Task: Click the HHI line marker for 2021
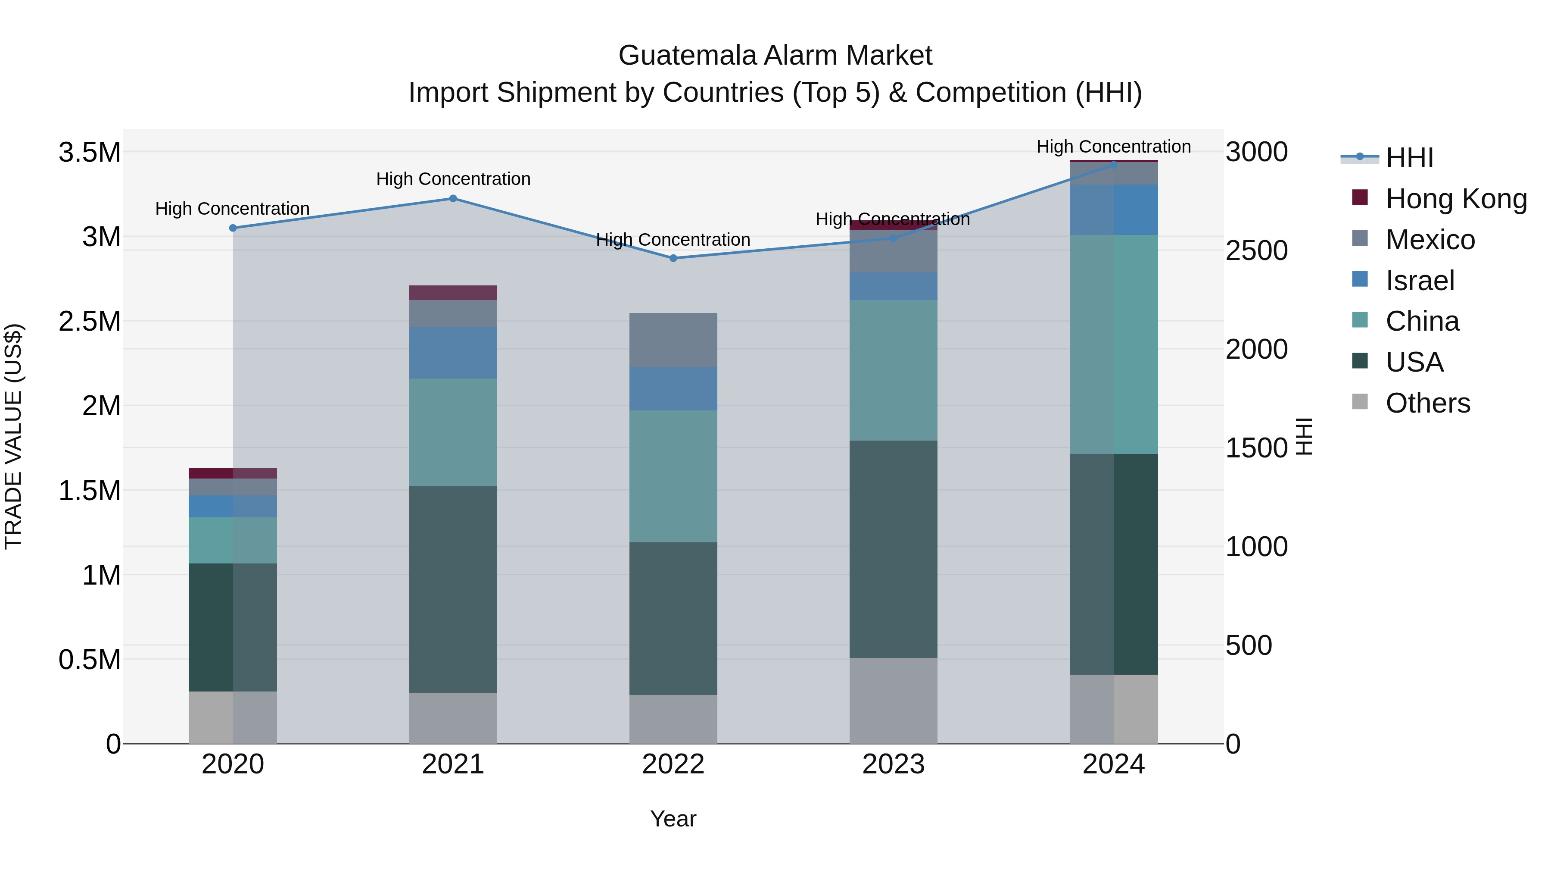pyautogui.click(x=453, y=198)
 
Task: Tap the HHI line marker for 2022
pyautogui.click(x=673, y=258)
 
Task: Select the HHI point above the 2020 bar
pyautogui.click(x=233, y=228)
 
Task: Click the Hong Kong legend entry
pyautogui.click(x=1455, y=199)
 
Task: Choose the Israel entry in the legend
pyautogui.click(x=1419, y=281)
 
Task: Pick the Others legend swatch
pyautogui.click(x=1360, y=402)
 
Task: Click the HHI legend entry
pyautogui.click(x=1409, y=158)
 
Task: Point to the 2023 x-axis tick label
pyautogui.click(x=893, y=764)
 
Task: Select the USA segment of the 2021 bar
pyautogui.click(x=453, y=589)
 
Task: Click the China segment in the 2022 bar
pyautogui.click(x=673, y=476)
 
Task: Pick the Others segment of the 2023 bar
pyautogui.click(x=893, y=700)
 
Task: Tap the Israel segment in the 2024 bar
pyautogui.click(x=1113, y=210)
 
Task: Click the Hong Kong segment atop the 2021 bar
pyautogui.click(x=453, y=293)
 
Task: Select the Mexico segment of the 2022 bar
pyautogui.click(x=673, y=340)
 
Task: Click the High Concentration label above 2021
pyautogui.click(x=453, y=179)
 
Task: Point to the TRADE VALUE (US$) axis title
pyautogui.click(x=13, y=436)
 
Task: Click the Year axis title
pyautogui.click(x=673, y=819)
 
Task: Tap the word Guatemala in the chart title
pyautogui.click(x=687, y=56)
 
